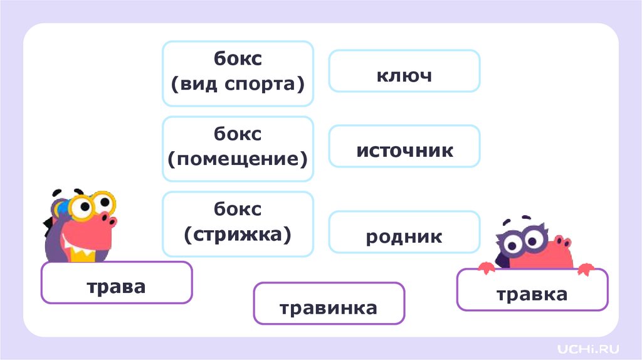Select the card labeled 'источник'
[x=404, y=151]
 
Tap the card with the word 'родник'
[x=404, y=236]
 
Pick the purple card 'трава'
[x=116, y=287]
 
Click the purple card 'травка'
[x=532, y=294]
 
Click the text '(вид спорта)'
[x=238, y=83]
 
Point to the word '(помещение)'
[x=238, y=158]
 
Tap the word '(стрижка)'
[x=238, y=234]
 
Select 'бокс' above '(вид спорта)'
[x=238, y=59]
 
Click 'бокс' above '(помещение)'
[x=238, y=134]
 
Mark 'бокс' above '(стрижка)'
[x=238, y=209]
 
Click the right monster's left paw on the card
[x=486, y=268]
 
